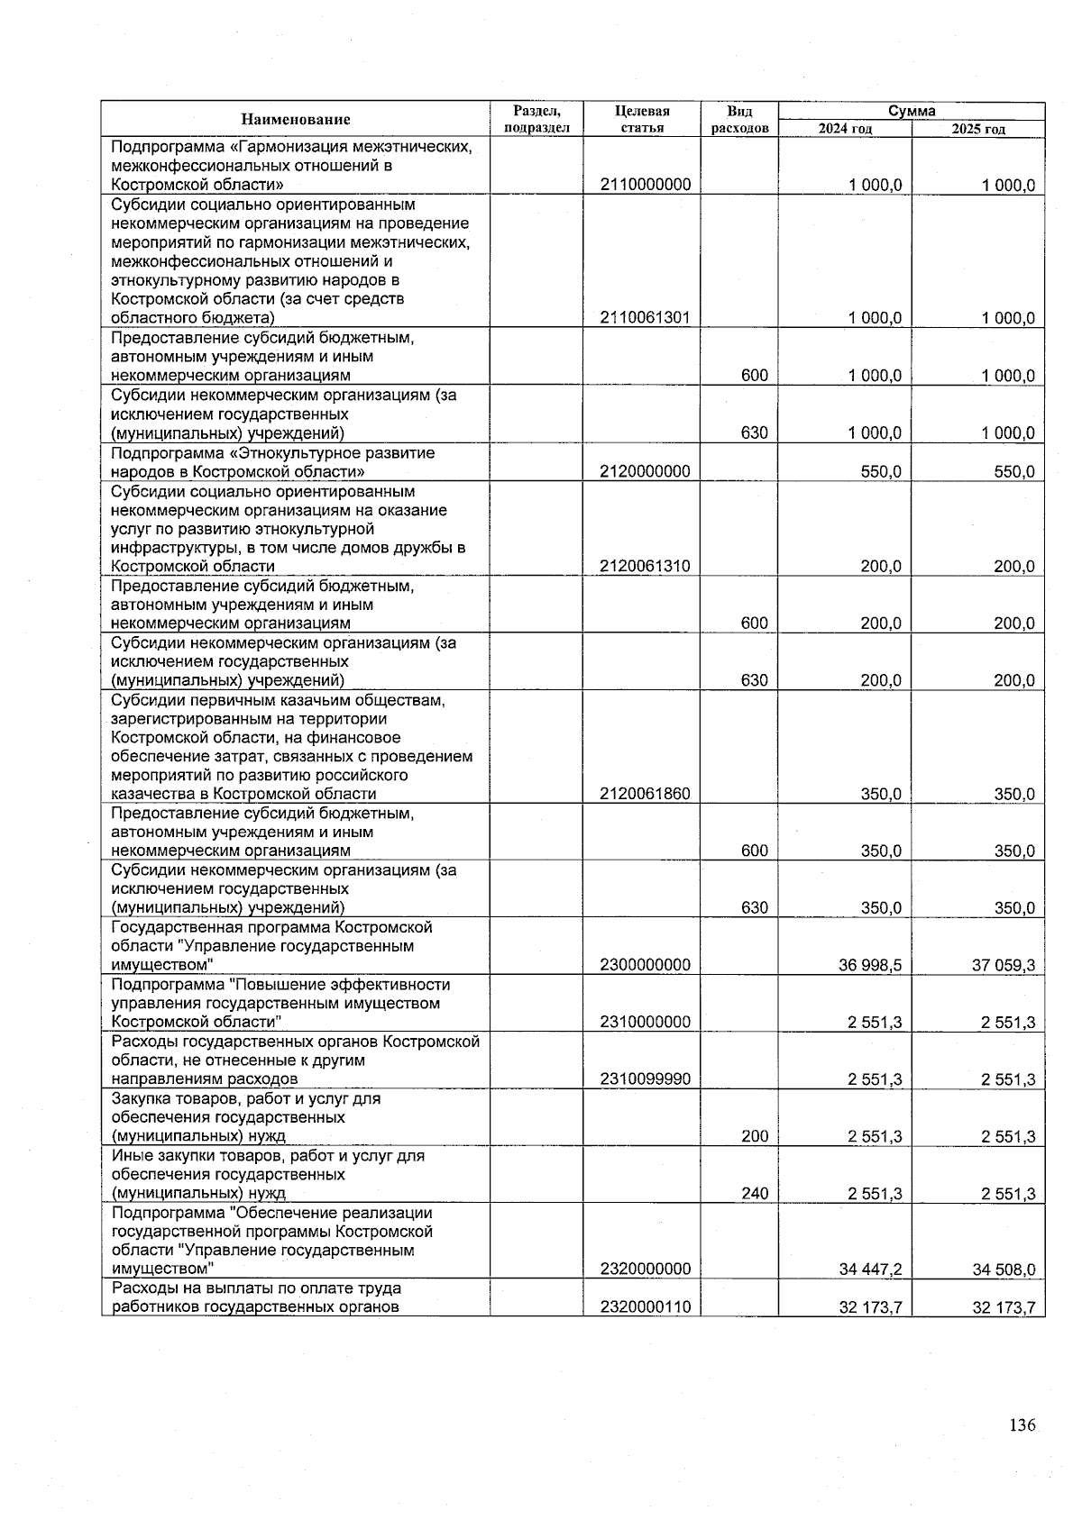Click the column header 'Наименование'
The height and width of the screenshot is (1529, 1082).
pos(295,119)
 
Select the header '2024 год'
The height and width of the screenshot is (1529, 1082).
pos(845,129)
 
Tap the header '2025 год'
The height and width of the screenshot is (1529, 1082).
pos(978,129)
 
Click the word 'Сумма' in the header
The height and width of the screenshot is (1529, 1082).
pos(912,111)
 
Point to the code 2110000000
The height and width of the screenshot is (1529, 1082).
pos(646,185)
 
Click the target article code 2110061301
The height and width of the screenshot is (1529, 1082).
pos(646,318)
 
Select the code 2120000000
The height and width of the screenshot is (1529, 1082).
pos(646,471)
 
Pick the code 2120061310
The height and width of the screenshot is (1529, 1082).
pos(646,567)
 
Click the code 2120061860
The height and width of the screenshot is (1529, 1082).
pos(646,795)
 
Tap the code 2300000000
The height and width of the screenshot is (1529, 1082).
pos(646,965)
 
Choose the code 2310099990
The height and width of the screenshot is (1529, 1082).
pos(646,1079)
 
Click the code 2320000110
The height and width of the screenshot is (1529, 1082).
pos(646,1306)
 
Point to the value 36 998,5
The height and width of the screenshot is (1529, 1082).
pos(870,966)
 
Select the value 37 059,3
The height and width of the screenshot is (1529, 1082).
pos(1003,966)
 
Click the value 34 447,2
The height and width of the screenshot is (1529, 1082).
pos(870,1270)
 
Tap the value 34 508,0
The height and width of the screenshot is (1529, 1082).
pos(1003,1270)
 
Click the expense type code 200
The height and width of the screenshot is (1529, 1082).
pos(755,1137)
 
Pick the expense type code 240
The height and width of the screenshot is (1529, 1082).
pos(755,1194)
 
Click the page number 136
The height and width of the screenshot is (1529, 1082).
pos(1022,1425)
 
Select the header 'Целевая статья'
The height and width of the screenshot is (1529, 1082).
pos(642,119)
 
